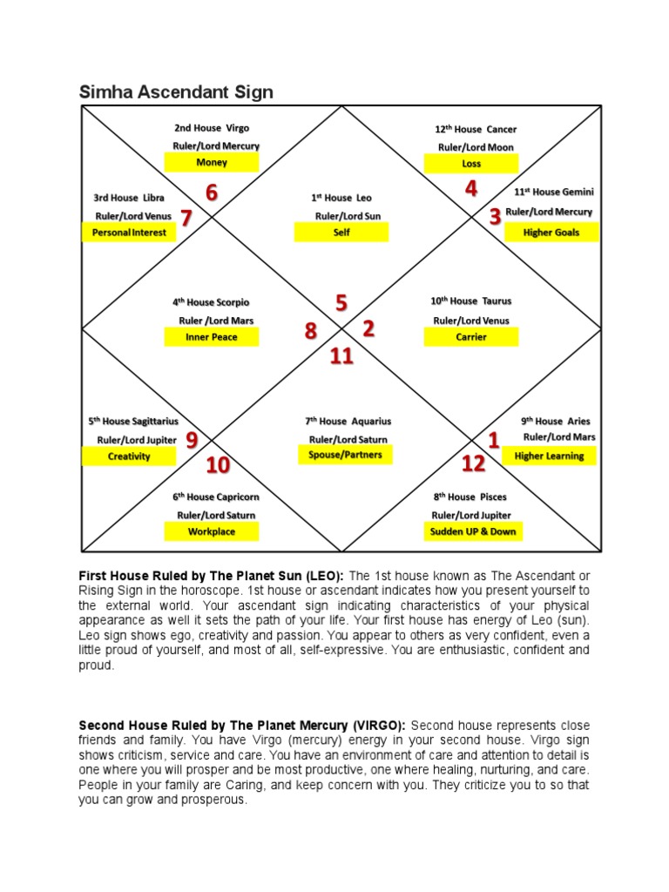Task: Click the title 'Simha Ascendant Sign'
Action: click(176, 91)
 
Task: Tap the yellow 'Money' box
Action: click(212, 163)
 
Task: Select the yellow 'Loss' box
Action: click(471, 164)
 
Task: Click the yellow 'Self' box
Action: click(341, 233)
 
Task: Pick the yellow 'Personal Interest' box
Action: click(129, 233)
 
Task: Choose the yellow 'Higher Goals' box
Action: click(551, 233)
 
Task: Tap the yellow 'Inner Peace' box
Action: click(212, 337)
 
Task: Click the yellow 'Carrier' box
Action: click(471, 337)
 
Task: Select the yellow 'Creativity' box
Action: click(129, 456)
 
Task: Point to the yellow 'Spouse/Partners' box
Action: click(345, 455)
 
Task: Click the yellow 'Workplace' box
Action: click(212, 531)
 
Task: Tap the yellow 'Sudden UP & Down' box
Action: click(473, 531)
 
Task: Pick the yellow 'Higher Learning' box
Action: click(549, 456)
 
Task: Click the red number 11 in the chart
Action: click(341, 355)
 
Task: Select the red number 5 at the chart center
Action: click(341, 303)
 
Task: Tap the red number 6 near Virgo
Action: click(212, 193)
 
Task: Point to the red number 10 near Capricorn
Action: click(218, 466)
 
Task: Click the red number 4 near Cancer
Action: click(471, 189)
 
